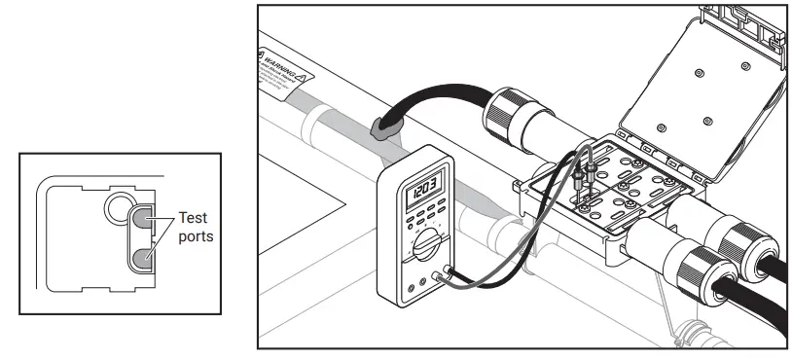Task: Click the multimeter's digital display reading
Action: tap(422, 184)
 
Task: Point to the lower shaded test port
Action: tap(142, 257)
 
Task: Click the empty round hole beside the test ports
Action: tap(119, 206)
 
